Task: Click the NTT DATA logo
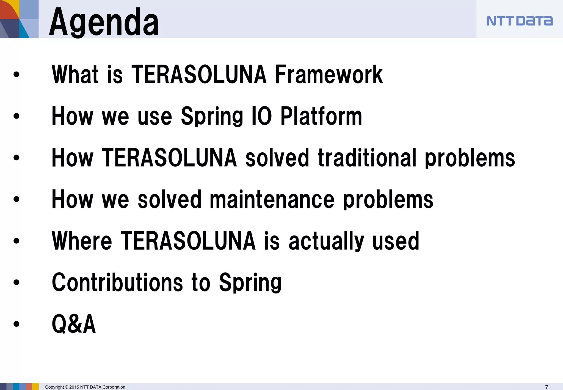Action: pos(519,21)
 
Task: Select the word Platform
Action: pos(321,116)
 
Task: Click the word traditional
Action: pos(367,158)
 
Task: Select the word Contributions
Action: pos(117,282)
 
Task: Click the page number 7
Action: pos(547,387)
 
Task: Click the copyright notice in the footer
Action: pos(85,387)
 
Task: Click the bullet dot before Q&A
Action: pos(16,324)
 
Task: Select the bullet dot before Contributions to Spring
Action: pos(16,282)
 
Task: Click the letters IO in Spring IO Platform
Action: pos(262,116)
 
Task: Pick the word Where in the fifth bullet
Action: pos(82,241)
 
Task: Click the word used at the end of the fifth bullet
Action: pos(396,241)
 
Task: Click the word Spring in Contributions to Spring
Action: pos(250,282)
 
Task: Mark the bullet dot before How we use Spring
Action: pos(16,116)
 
